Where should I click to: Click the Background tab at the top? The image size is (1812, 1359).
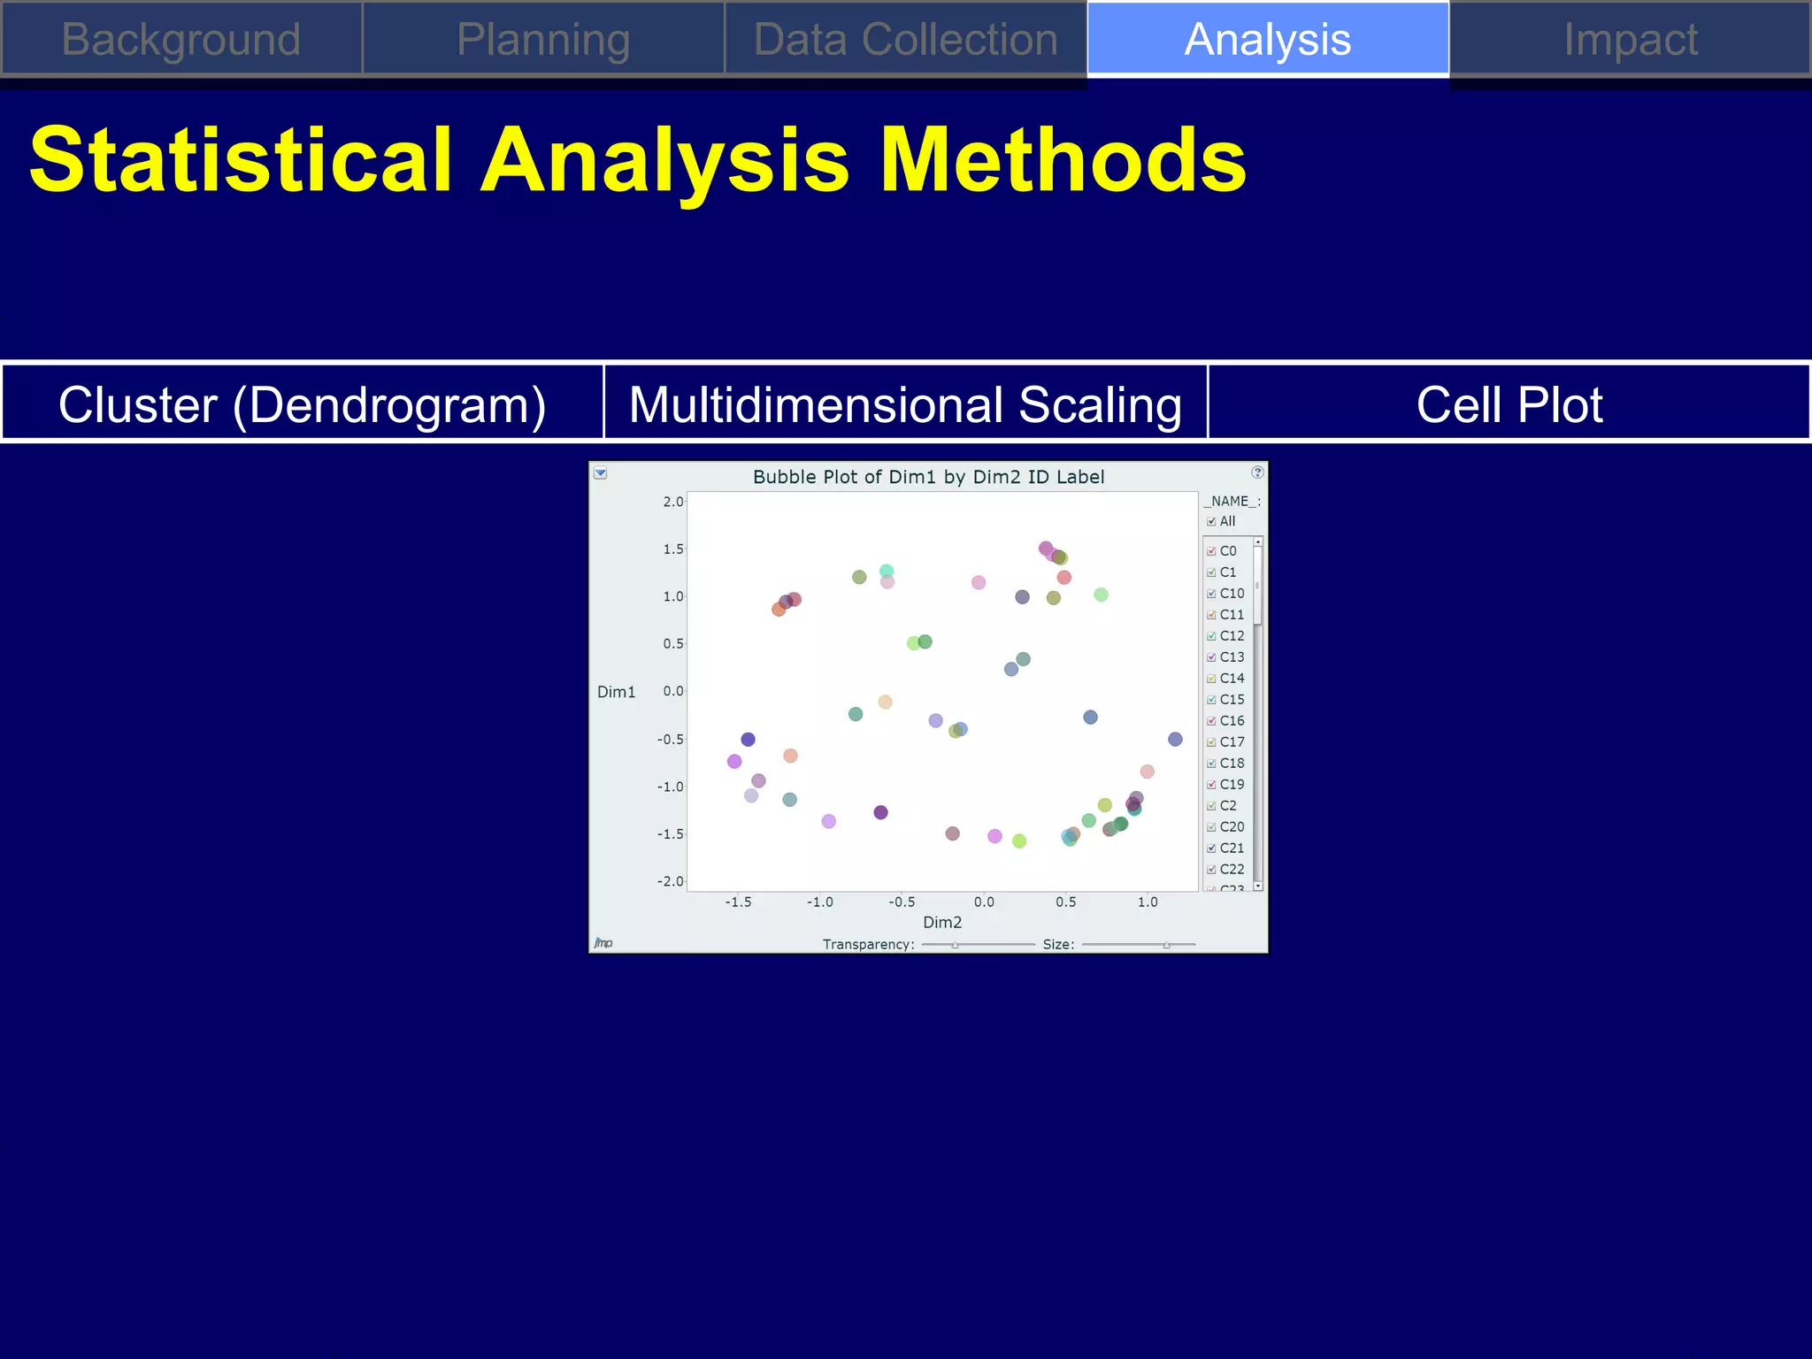coord(181,40)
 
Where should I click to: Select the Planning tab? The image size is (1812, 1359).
coord(543,40)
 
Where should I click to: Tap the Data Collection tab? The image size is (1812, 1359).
coord(905,40)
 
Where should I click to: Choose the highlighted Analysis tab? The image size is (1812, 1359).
coord(1267,40)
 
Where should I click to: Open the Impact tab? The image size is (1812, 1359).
coord(1630,40)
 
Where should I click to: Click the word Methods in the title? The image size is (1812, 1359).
coord(1063,159)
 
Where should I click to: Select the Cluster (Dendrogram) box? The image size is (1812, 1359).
coord(303,404)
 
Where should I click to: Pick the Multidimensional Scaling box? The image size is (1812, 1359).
coord(905,404)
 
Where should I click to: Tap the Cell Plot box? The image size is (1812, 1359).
coord(1509,404)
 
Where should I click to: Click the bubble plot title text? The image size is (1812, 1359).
coord(928,477)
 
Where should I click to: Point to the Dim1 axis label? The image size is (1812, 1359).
coord(616,692)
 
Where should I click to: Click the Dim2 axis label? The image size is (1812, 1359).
coord(941,922)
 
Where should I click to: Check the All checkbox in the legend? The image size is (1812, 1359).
coord(1211,521)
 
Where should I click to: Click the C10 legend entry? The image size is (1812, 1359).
coord(1232,594)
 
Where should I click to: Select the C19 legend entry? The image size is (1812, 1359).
coord(1232,785)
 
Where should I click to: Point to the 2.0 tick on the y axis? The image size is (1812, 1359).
coord(672,502)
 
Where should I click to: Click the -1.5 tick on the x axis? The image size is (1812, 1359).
coord(738,902)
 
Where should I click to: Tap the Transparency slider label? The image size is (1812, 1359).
coord(868,944)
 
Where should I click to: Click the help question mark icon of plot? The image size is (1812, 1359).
coord(1257,472)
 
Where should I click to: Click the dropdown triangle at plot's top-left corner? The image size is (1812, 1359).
coord(600,473)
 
